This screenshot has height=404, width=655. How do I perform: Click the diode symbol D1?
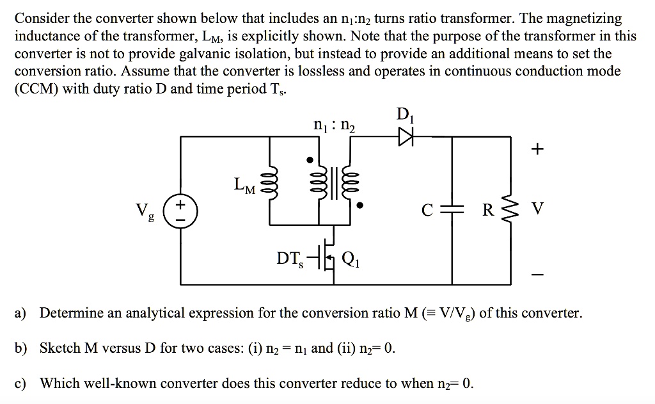tap(405, 136)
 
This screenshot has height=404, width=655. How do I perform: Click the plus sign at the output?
tap(538, 150)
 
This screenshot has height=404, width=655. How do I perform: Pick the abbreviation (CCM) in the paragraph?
tap(36, 88)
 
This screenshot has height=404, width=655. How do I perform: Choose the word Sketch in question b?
tap(59, 348)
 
